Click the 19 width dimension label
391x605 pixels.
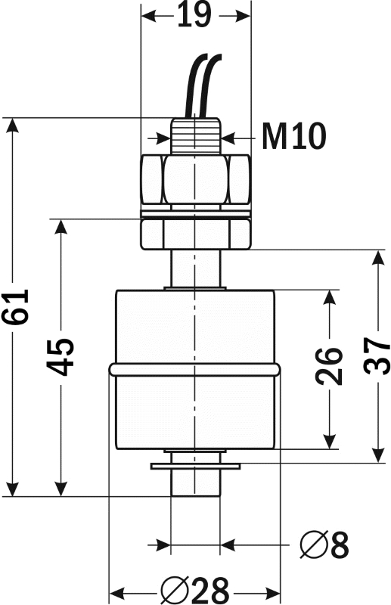[194, 15]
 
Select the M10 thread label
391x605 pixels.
[293, 136]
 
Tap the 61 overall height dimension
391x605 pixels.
[15, 307]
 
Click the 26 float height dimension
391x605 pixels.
[329, 366]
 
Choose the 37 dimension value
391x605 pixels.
[377, 355]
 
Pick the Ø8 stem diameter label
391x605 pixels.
[324, 544]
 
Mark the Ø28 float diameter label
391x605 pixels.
[195, 591]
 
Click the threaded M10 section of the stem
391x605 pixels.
[195, 136]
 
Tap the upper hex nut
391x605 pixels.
[195, 179]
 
